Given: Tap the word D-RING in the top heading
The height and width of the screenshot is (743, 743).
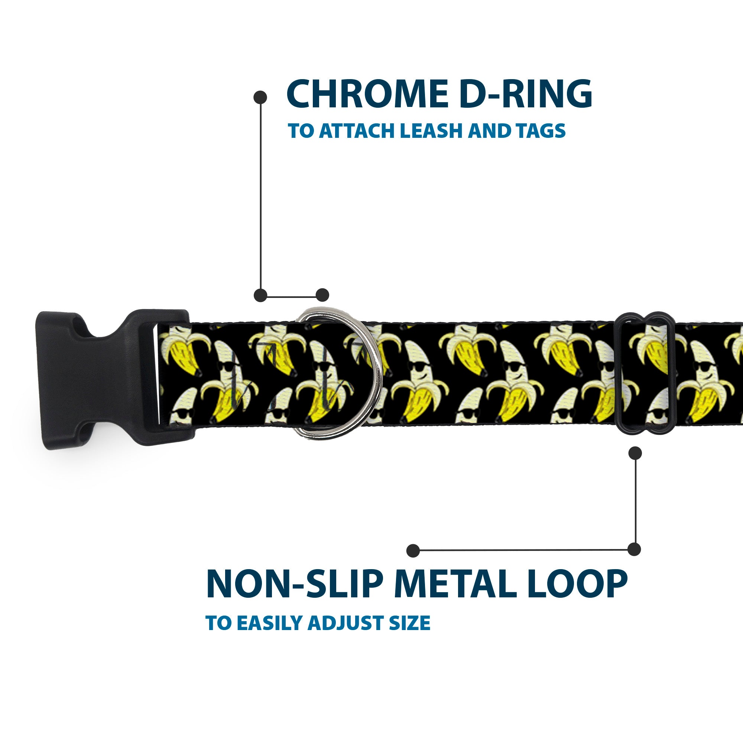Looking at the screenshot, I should coord(525,94).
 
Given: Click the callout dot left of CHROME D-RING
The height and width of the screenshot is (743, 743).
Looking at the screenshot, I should coord(260,97).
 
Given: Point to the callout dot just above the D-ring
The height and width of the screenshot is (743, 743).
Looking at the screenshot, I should coord(322,295).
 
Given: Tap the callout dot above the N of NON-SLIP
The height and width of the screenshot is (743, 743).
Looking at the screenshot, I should coord(413,550).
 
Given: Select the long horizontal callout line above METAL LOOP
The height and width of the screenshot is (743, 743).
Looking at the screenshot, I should coord(523,550).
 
